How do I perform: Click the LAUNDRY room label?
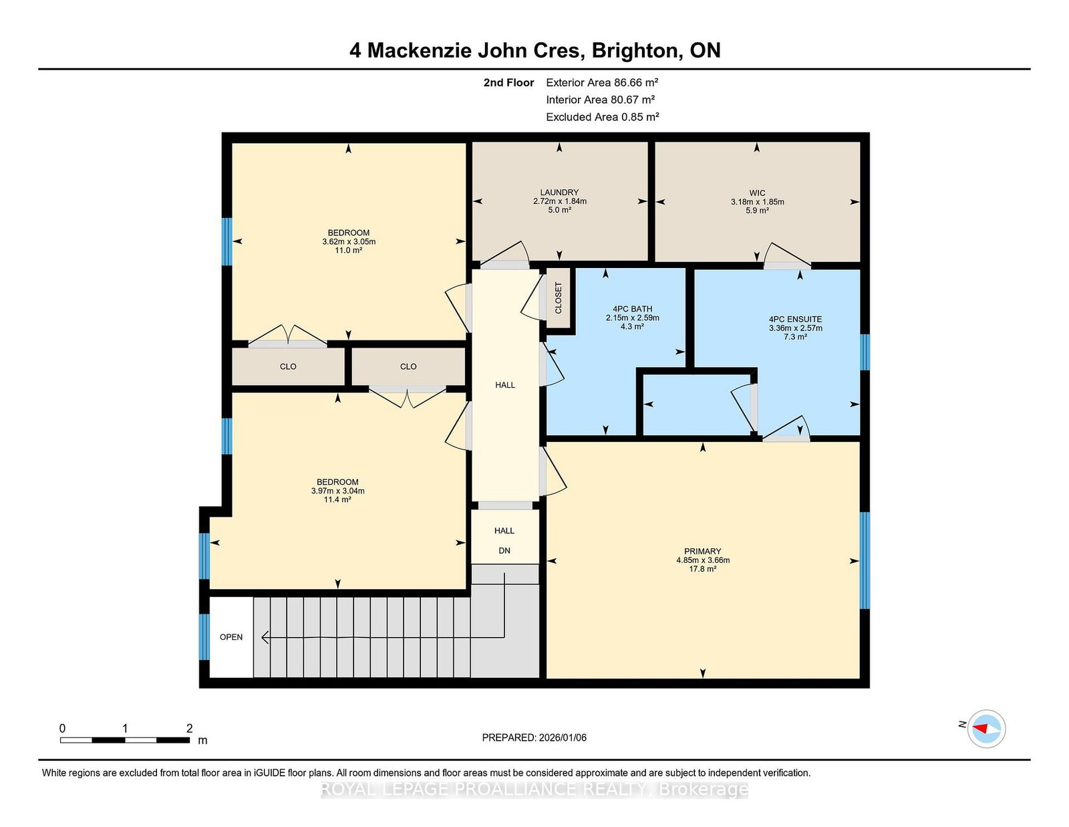coord(559,193)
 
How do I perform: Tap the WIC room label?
coord(757,193)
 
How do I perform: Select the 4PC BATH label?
coord(632,309)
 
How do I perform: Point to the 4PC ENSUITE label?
coord(796,319)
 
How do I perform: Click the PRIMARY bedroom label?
coord(702,552)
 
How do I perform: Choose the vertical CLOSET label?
coord(559,298)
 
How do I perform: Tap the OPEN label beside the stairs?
coord(231,637)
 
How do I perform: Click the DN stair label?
coord(504,551)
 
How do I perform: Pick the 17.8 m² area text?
coord(702,569)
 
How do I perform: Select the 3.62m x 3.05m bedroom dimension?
coord(349,242)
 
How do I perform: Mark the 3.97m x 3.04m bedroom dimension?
coord(337,491)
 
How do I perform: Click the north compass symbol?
coord(986,729)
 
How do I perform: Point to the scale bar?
coord(125,740)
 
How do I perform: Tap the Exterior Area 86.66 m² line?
coord(602,83)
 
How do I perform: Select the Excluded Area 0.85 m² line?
coord(603,117)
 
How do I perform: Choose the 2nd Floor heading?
coord(508,83)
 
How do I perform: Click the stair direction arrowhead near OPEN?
coord(265,638)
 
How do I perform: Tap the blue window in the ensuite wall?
coord(865,352)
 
